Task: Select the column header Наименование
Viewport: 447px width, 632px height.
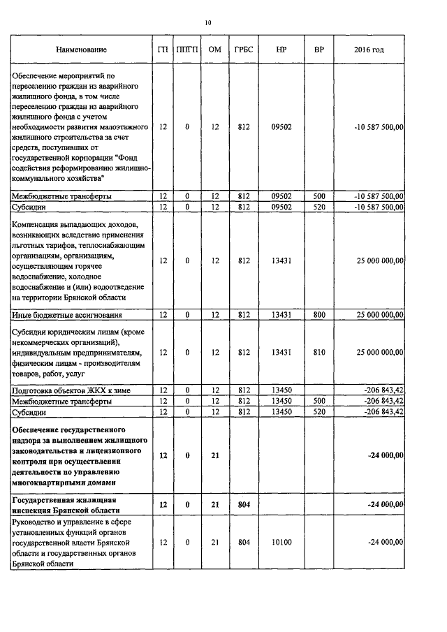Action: [82, 50]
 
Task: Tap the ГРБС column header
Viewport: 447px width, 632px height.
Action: [244, 50]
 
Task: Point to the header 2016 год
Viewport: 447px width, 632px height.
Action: [369, 50]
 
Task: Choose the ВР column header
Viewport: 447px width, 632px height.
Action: [319, 50]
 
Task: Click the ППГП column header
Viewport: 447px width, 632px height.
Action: [187, 50]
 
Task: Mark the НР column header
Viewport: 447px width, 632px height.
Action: [281, 50]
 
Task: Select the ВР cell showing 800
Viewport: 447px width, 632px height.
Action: [319, 315]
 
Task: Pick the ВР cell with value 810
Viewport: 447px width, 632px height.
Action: [319, 353]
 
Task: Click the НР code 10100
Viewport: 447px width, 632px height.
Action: [281, 541]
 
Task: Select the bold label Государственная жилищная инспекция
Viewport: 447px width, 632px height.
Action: [64, 504]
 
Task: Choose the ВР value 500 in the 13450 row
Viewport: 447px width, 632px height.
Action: [319, 401]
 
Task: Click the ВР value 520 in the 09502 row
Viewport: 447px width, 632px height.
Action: [319, 207]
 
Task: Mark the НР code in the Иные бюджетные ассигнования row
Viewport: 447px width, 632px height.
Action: [281, 315]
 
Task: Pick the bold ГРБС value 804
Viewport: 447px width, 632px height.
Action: [244, 504]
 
